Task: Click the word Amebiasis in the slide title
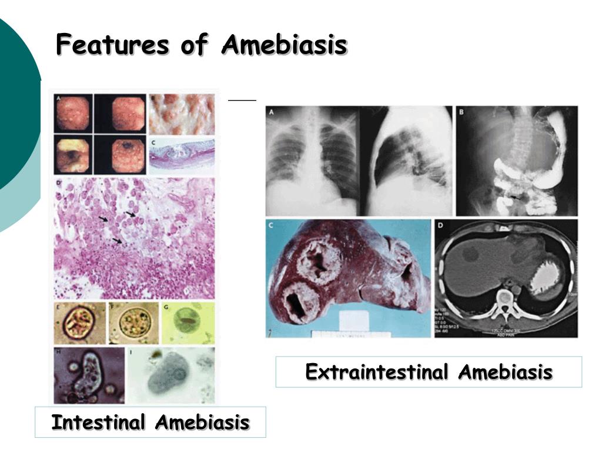click(284, 45)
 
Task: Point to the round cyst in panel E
click(79, 323)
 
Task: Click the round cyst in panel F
click(132, 323)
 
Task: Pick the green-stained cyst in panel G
click(188, 323)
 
